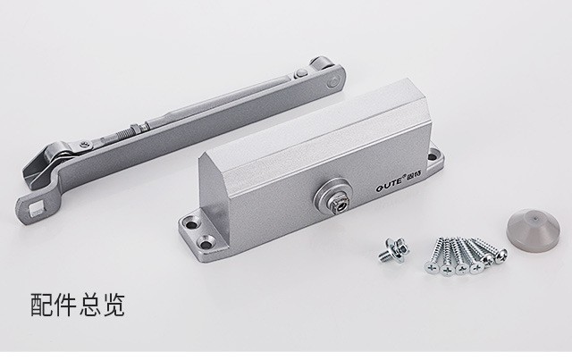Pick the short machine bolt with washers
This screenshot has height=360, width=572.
coord(394,249)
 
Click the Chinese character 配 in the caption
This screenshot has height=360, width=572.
coord(42,305)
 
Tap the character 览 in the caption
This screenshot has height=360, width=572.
coord(114,305)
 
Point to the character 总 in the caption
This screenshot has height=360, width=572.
coord(90,305)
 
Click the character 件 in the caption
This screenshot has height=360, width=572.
coord(66,305)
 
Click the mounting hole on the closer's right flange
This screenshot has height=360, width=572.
coord(433,157)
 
